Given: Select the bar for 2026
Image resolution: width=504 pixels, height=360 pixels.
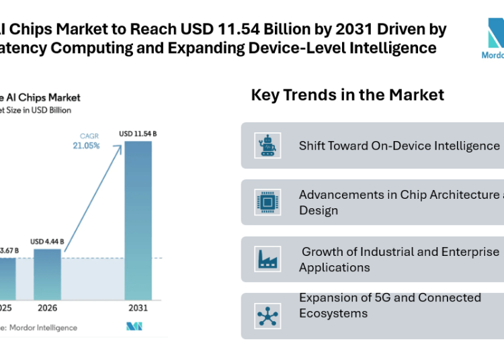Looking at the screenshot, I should click(x=48, y=274).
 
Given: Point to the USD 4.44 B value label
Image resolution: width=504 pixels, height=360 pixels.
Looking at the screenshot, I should click(x=48, y=242).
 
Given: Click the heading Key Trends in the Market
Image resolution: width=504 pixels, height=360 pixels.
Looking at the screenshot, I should click(x=347, y=95).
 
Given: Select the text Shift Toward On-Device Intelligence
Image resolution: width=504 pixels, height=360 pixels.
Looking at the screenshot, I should click(x=399, y=146).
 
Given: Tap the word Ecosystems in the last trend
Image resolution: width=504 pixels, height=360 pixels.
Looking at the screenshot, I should click(x=333, y=314).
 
